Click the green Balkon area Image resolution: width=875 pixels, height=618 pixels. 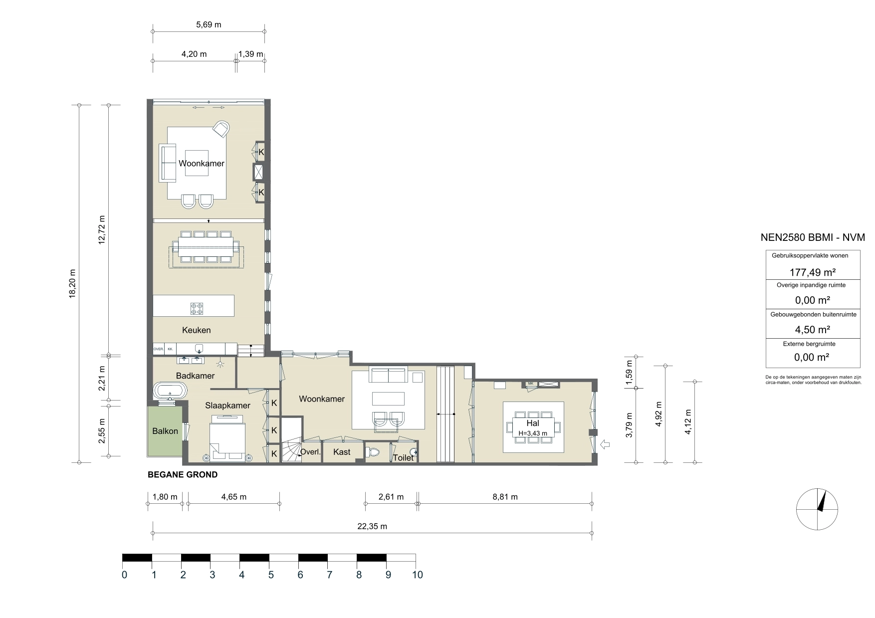coord(165,431)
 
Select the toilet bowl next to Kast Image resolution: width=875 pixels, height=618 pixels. coord(373,452)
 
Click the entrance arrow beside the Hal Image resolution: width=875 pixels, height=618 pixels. coord(606,444)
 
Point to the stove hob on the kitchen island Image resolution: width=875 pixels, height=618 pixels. coord(197,309)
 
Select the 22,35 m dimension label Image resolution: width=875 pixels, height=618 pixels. coord(372,526)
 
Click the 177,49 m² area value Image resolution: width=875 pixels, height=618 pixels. coord(812,272)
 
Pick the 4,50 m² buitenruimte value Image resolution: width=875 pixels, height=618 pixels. coord(812,330)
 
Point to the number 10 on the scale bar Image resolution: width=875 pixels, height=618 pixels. coord(417,575)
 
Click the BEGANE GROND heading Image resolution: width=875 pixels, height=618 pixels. coord(183,475)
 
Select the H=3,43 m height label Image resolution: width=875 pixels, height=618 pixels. coord(532,433)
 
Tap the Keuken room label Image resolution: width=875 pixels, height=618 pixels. coord(196,330)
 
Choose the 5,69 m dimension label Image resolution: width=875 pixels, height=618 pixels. coord(209,24)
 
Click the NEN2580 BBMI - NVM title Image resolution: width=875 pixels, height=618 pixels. coord(813,238)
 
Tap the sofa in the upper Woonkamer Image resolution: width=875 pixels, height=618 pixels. coord(168,163)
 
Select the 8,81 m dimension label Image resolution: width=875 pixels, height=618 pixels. coord(504,497)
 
